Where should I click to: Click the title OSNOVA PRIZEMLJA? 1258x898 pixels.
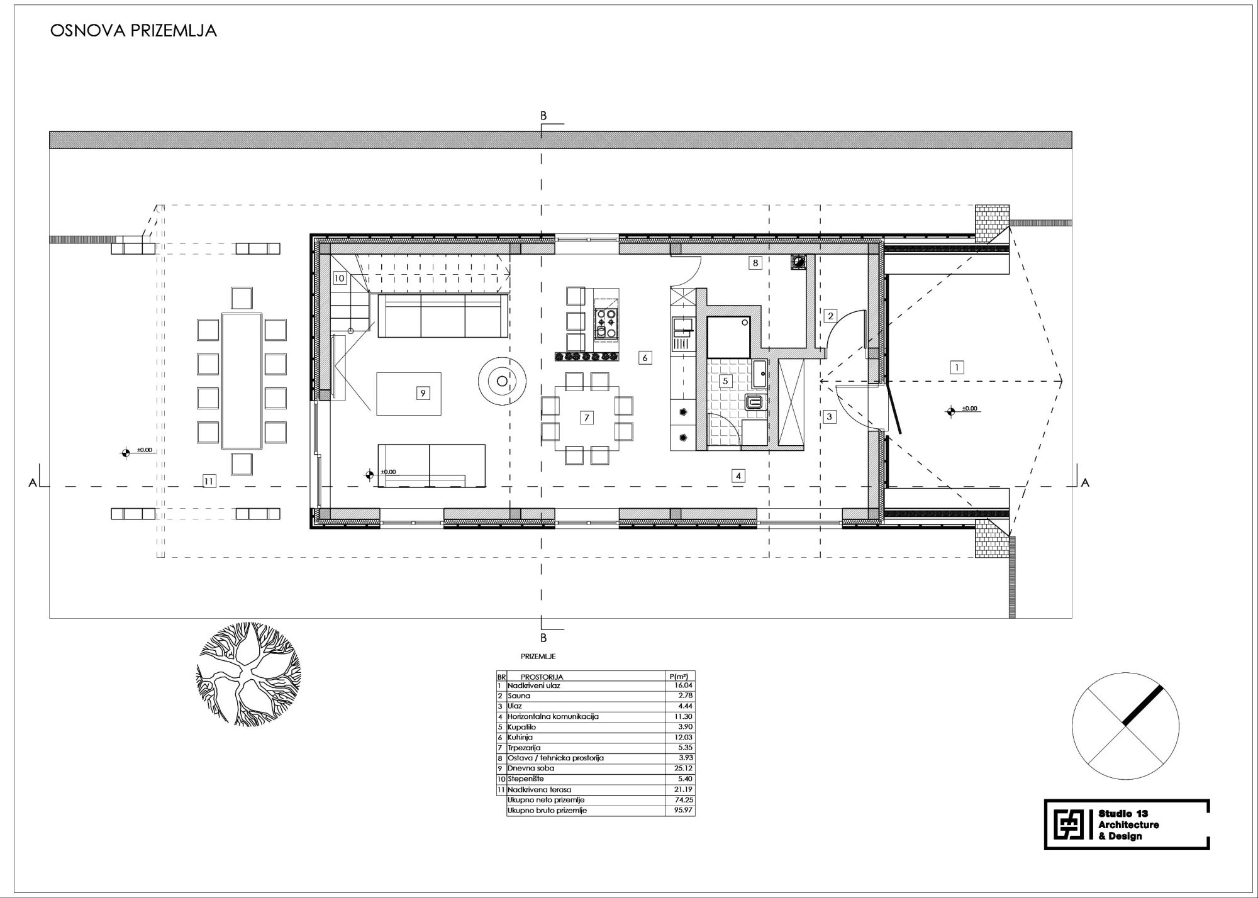[133, 31]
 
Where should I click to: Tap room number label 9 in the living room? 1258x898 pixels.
[423, 392]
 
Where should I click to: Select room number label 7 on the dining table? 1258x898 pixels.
[586, 418]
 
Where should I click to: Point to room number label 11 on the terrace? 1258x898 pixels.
[209, 481]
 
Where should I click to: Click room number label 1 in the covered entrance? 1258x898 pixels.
[957, 367]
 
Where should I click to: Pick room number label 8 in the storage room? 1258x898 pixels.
[755, 263]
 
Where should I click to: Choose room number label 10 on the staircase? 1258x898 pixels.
[340, 277]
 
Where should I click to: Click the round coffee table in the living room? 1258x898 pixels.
[502, 380]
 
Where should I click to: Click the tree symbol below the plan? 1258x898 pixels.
[248, 674]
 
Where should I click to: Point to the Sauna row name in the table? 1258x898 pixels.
[519, 696]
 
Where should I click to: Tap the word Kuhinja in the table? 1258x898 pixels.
[521, 737]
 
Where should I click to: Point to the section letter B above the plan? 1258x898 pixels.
[543, 116]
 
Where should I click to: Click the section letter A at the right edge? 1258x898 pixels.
[1085, 483]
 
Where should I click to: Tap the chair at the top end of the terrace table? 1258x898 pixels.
[242, 298]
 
